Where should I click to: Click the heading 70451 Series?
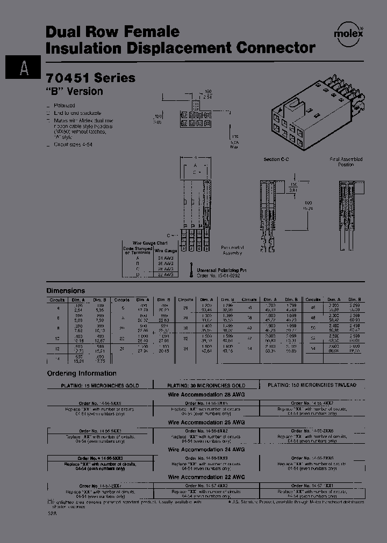pos(90,78)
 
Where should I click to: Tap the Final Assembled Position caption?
pos(346,162)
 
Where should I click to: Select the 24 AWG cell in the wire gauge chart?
pos(165,258)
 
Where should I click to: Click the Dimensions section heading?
pos(66,290)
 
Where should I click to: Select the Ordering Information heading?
pos(81,373)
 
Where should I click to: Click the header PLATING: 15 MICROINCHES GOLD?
pos(99,385)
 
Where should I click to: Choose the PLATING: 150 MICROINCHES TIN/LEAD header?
pos(312,385)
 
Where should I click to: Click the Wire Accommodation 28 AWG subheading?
pos(206,393)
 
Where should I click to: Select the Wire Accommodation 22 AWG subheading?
pos(206,477)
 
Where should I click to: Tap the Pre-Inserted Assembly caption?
pos(232,251)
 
